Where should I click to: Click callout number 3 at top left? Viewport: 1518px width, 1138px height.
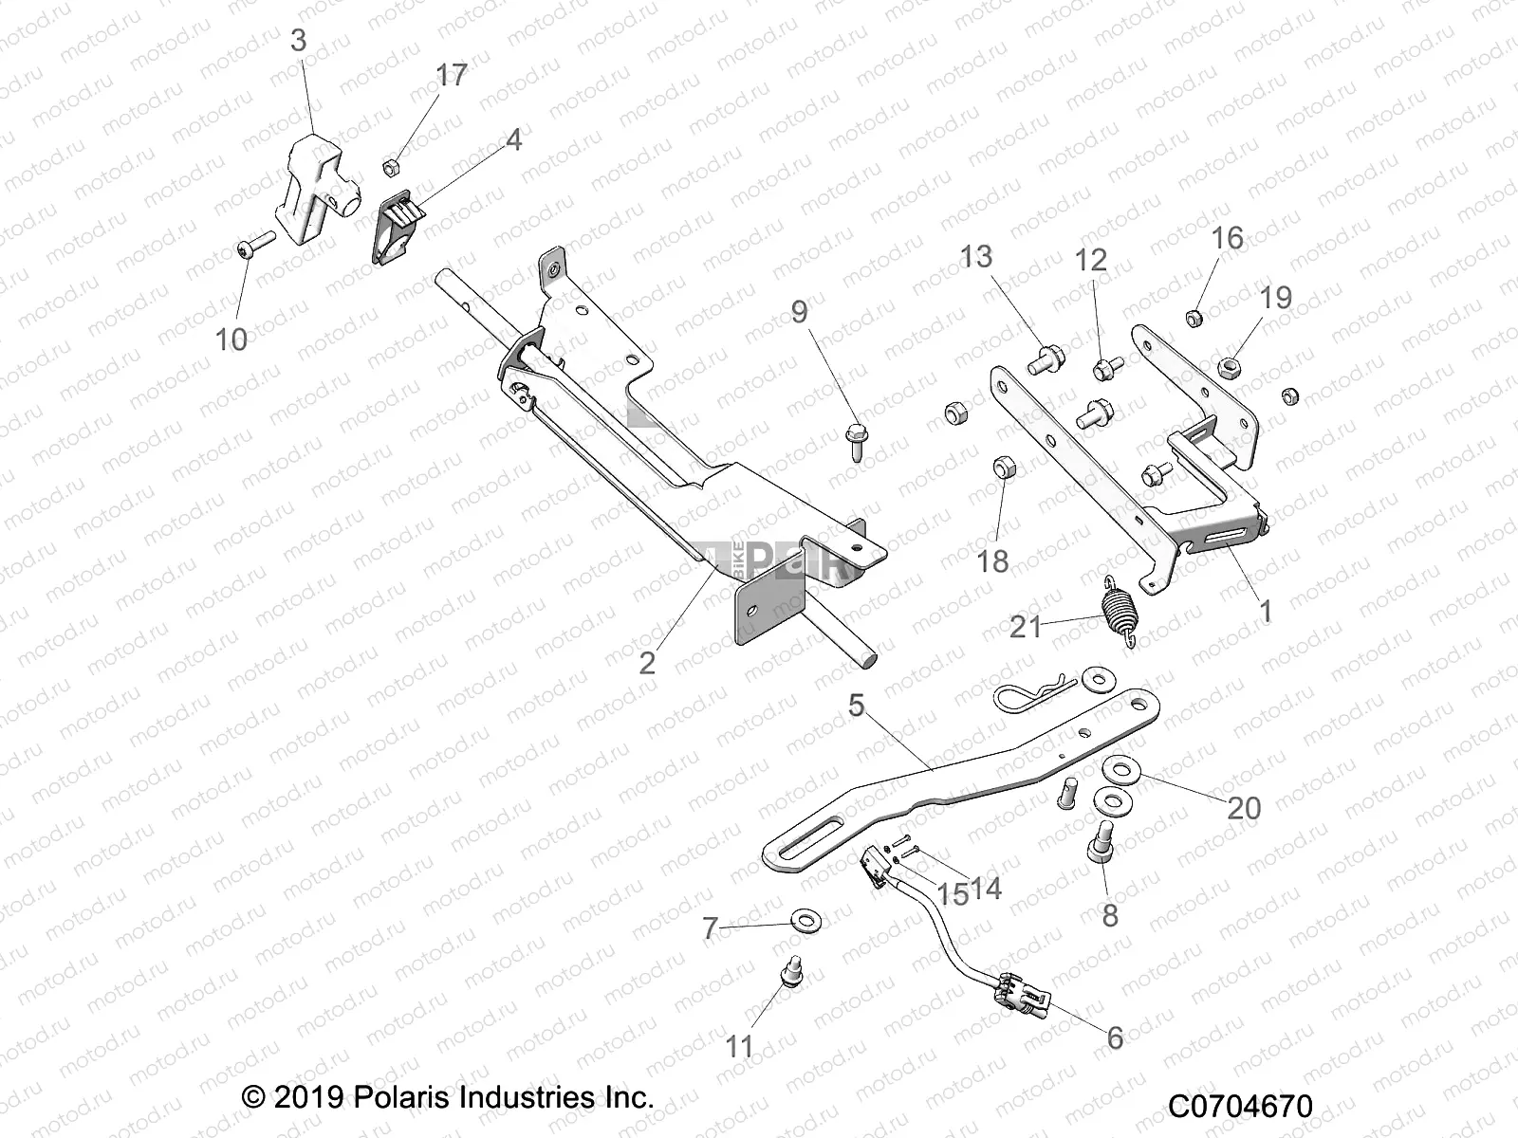(x=298, y=41)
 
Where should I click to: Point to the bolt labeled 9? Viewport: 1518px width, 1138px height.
(x=853, y=440)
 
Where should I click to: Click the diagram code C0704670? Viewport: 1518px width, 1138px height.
(x=1240, y=1107)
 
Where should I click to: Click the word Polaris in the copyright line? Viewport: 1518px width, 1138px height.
(x=403, y=1098)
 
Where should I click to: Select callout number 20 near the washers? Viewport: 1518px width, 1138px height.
(x=1244, y=808)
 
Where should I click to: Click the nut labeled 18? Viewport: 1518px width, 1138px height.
(x=1005, y=468)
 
